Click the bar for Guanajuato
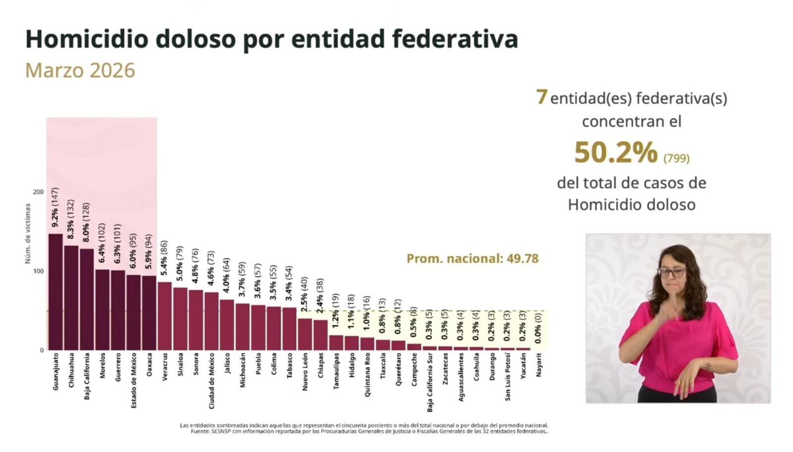(56, 292)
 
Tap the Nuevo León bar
(305, 334)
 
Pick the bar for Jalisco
(227, 325)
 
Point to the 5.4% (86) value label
(164, 258)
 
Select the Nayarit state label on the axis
(539, 365)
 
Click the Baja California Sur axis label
(429, 382)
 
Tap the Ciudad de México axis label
(212, 381)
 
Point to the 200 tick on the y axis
(38, 192)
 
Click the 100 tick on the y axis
(38, 271)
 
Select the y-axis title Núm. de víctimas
(28, 233)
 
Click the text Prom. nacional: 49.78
(472, 259)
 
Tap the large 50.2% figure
(616, 152)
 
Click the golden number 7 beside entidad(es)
(542, 97)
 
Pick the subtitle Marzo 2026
(80, 70)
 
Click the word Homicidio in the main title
(87, 39)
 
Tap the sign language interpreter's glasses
(672, 272)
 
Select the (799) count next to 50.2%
(677, 158)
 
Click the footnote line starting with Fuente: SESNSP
(369, 432)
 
